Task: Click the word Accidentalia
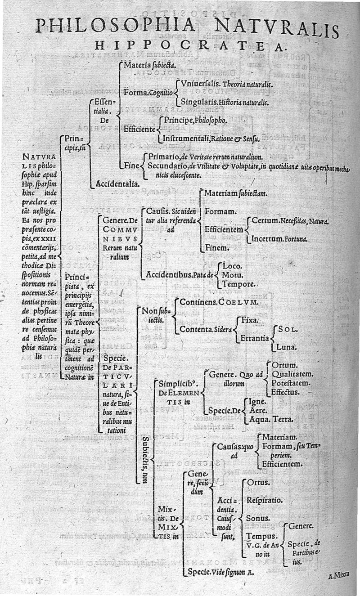[x=117, y=184]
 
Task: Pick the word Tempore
[x=240, y=284]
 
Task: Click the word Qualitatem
[x=292, y=373]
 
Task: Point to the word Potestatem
[x=291, y=383]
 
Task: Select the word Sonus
[x=259, y=518]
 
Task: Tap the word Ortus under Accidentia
[x=258, y=482]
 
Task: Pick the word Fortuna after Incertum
[x=296, y=239]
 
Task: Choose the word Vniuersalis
[x=200, y=84]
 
